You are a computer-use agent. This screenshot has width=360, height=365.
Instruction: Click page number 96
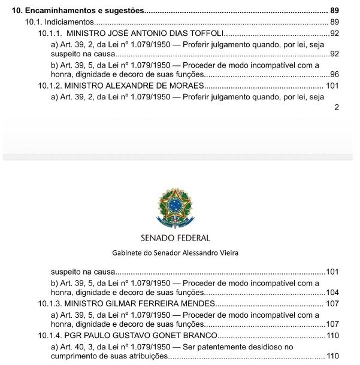(334, 75)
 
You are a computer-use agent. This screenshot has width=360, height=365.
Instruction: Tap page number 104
(332, 293)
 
